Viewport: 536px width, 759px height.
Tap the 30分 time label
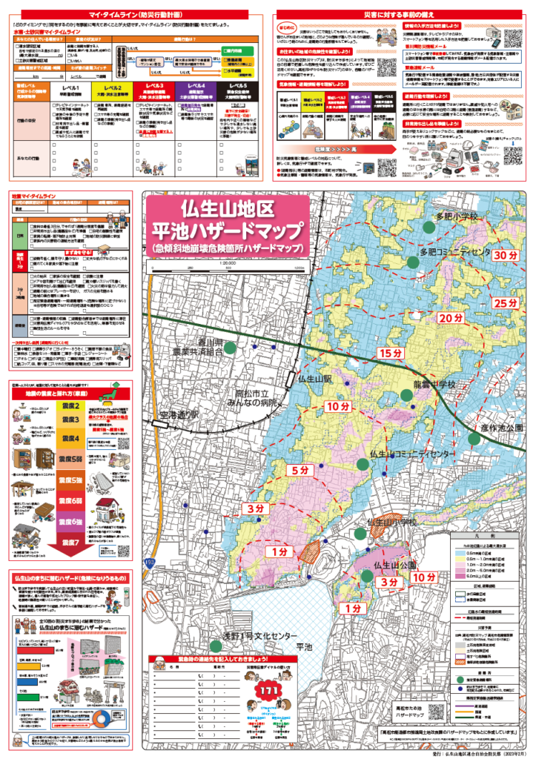pyautogui.click(x=506, y=255)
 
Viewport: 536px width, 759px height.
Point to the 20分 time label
pyautogui.click(x=449, y=317)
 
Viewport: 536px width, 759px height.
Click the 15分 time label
pyautogui.click(x=391, y=352)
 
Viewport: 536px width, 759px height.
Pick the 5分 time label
pyautogui.click(x=300, y=470)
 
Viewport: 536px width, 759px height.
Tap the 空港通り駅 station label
pyautogui.click(x=183, y=412)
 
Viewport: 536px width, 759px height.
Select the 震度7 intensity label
pyautogui.click(x=69, y=541)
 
